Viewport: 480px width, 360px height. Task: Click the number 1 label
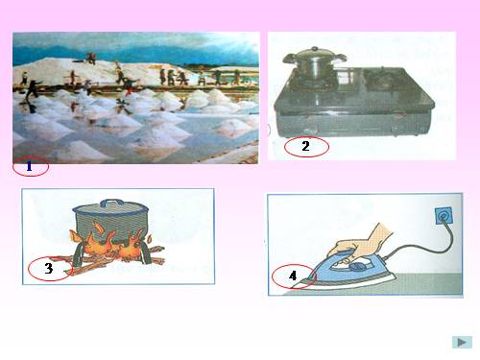(29, 166)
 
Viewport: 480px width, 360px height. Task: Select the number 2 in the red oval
(305, 146)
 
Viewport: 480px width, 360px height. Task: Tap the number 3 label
(49, 268)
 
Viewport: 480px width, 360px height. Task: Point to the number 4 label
(293, 276)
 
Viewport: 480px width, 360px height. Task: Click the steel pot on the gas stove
(314, 63)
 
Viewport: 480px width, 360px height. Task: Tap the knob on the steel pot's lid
(315, 49)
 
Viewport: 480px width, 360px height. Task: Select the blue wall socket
(444, 216)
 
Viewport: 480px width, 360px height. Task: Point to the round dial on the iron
(356, 266)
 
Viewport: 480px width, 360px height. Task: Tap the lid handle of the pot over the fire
(111, 204)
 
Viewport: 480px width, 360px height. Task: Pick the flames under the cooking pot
(108, 243)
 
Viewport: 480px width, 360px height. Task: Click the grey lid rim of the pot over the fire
(110, 210)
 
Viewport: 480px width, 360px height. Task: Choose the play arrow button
(462, 342)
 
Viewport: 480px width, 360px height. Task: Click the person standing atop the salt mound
(92, 58)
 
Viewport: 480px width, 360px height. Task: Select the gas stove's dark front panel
(353, 124)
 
